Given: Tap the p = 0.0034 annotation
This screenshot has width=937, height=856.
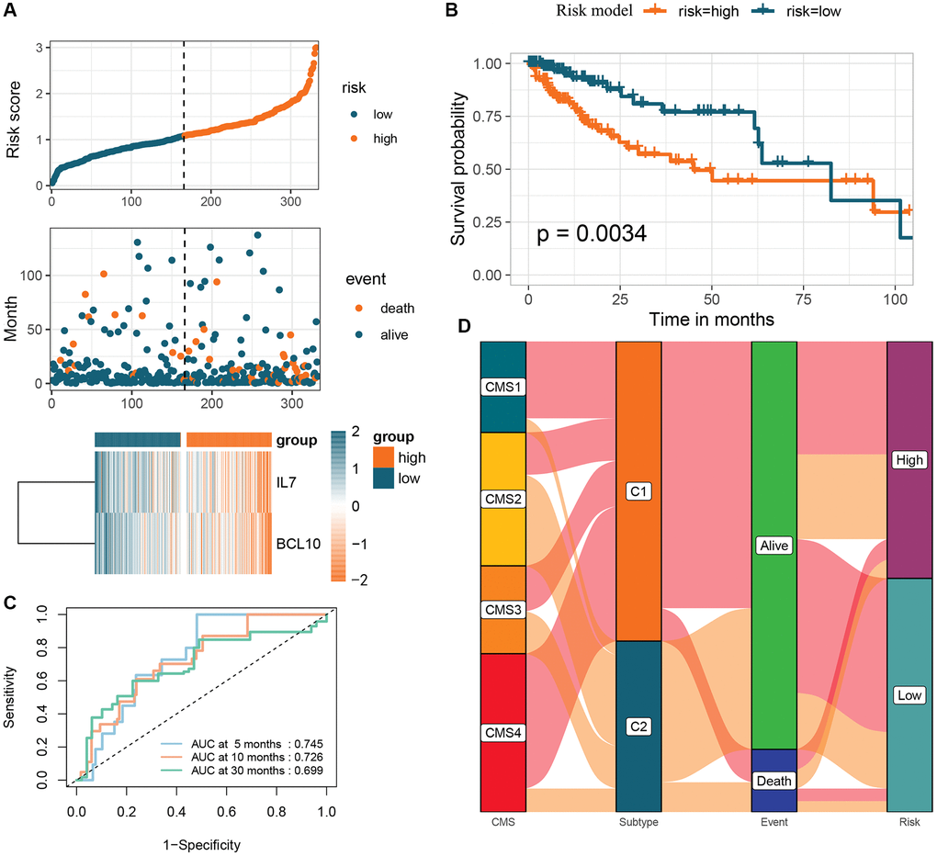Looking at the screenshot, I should (x=592, y=235).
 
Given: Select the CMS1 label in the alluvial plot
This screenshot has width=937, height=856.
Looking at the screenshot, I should (x=502, y=389).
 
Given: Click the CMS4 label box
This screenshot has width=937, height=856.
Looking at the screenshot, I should (x=502, y=733).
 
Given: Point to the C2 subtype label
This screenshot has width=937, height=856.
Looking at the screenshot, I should (x=638, y=726).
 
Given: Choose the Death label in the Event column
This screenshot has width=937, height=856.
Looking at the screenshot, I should (x=774, y=782).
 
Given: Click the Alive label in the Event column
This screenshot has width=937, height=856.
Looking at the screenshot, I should (x=774, y=546).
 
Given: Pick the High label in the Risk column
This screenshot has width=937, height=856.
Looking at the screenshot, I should (x=909, y=459).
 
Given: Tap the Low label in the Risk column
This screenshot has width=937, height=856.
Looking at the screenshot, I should (x=909, y=696).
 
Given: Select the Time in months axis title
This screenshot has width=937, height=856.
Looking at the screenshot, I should (x=712, y=321).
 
